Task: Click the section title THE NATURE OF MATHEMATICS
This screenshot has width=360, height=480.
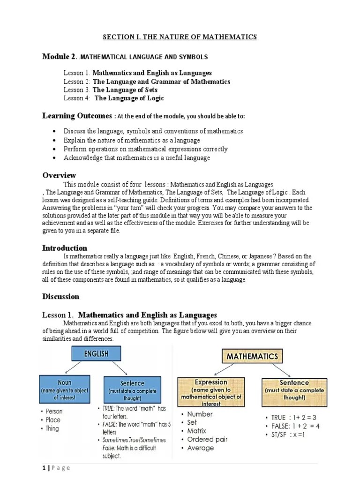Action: click(x=180, y=37)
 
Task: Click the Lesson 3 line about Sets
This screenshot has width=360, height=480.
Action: click(x=111, y=90)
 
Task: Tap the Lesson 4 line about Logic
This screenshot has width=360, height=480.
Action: click(x=114, y=98)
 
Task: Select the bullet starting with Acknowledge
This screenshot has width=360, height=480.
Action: click(x=136, y=157)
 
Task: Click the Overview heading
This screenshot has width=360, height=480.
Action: click(x=59, y=175)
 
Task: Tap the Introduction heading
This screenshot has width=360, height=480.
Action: click(x=65, y=247)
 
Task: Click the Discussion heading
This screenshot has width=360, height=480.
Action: click(x=61, y=296)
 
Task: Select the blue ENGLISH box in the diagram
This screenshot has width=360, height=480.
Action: click(x=96, y=354)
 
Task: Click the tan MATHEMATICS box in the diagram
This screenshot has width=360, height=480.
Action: click(x=252, y=357)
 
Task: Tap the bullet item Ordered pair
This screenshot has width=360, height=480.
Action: click(x=207, y=439)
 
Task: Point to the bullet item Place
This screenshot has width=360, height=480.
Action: click(x=53, y=420)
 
